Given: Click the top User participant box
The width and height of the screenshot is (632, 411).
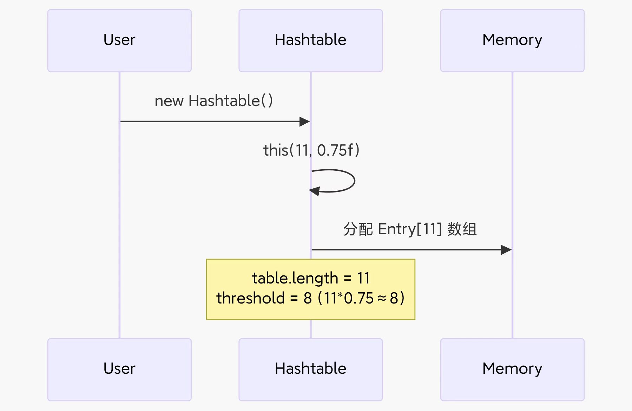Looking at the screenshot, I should [x=119, y=40].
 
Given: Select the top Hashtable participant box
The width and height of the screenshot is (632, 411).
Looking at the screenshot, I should [x=310, y=40].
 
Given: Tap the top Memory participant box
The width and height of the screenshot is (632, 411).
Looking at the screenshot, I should [x=512, y=40].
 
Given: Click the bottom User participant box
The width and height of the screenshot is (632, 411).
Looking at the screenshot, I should [x=119, y=369].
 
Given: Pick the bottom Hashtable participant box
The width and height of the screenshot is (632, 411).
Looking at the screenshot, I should [x=310, y=369].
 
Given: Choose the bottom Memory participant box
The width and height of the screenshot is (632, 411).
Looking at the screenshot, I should [x=512, y=369].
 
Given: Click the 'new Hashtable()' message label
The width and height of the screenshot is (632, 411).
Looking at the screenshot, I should [x=213, y=101].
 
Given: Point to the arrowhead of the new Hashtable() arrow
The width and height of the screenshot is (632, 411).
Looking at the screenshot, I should [x=305, y=122].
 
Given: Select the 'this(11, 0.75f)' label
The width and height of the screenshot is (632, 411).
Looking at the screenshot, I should [x=311, y=150].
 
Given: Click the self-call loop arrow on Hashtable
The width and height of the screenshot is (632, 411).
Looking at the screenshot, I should [x=354, y=181].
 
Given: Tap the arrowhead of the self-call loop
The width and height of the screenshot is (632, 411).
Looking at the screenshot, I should [x=314, y=191].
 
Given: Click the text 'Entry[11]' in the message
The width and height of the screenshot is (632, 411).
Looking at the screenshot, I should [x=410, y=229].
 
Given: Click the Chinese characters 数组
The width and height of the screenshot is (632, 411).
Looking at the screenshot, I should [x=462, y=229].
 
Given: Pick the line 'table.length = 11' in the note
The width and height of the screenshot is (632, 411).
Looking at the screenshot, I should [x=311, y=278].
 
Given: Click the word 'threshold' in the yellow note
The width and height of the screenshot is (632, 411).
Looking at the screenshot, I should [x=250, y=298].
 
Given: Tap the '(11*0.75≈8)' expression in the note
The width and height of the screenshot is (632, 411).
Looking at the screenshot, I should [x=361, y=298].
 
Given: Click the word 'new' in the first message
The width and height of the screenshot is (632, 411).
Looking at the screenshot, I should [x=169, y=101].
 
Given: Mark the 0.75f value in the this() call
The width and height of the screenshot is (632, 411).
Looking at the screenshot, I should [x=335, y=150].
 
